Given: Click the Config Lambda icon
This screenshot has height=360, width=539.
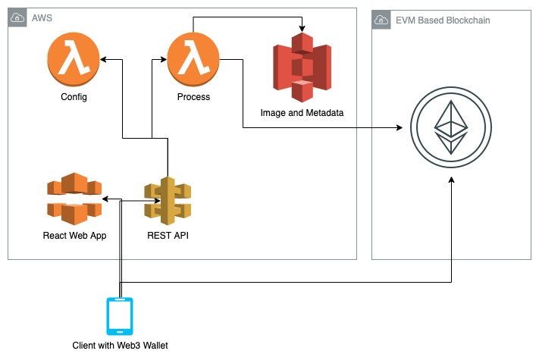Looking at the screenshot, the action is coord(74,59).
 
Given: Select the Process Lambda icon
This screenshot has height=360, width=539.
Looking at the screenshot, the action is coord(193,59).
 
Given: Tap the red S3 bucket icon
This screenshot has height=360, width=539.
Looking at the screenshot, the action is coord(302,67).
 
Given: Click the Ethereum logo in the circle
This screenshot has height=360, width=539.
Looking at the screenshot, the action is coord(451,127).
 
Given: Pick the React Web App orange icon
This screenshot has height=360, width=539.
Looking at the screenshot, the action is coord(74,199).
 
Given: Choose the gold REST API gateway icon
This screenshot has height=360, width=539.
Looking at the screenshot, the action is coord(168,201).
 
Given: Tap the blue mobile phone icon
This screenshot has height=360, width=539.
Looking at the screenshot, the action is coord(120,316).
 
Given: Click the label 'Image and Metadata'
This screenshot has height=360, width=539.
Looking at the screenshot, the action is coord(302,113).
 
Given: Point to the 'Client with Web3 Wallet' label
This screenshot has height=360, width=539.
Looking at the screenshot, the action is coord(120,346).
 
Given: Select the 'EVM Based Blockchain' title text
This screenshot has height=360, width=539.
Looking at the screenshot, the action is coord(443,20).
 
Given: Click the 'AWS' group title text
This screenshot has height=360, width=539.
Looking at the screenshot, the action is coord(42,18).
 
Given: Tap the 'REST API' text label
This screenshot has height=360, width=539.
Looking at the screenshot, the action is coord(168,235).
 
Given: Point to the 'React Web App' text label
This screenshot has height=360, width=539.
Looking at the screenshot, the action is coord(74,236).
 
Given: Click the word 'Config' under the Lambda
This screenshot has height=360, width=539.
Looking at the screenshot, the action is coord(74,97).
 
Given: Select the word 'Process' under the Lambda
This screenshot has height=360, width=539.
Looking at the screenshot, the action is coord(193,97).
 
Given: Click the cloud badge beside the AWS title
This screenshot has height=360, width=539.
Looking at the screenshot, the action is coord(17,17).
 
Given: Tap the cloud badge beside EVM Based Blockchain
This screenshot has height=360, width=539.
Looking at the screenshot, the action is coord(381,20).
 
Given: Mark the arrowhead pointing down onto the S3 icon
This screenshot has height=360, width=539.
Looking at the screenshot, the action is coord(302,29).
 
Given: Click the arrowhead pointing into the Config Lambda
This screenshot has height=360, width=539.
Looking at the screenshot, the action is coord(103,59).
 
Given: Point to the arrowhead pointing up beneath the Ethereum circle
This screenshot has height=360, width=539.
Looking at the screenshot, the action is coord(451,180).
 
